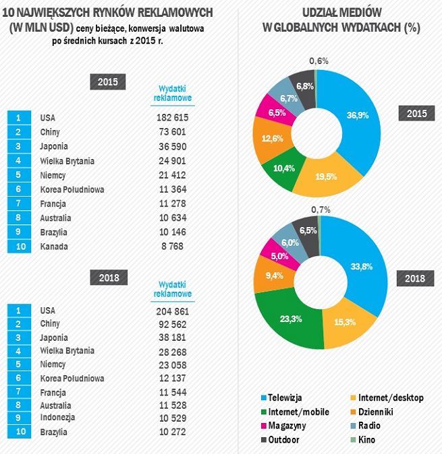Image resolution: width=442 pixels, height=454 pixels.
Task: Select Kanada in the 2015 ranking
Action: (x=55, y=247)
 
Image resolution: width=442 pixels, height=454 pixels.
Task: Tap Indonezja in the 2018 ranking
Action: (x=59, y=417)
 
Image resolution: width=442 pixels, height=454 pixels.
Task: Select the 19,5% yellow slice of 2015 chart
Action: (x=327, y=176)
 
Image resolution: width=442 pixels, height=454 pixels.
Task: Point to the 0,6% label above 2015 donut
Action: (x=319, y=61)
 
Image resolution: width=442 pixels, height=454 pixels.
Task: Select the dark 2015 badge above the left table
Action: (x=108, y=82)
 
